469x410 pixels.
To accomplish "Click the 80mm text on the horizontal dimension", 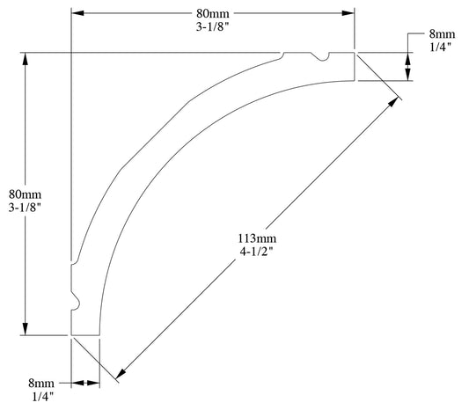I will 212,13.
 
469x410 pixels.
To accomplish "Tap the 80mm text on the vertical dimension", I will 24,194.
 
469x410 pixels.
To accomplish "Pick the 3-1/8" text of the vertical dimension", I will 24,208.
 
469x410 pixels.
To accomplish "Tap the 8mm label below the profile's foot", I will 41,384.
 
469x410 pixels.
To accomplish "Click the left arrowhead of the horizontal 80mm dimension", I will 77,13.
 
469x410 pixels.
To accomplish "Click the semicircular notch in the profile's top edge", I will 323,58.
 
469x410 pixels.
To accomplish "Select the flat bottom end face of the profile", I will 85,334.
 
